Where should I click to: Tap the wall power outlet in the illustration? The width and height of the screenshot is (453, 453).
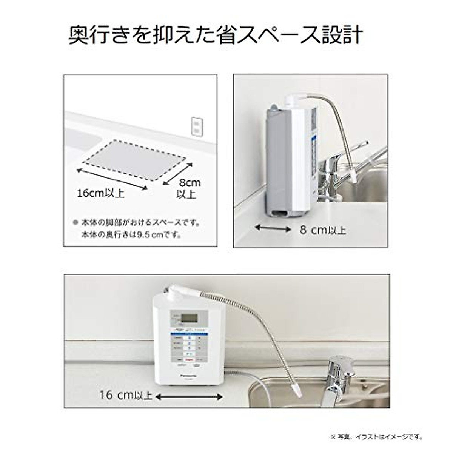(196, 126)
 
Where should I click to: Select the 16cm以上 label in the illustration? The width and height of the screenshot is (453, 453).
(100, 193)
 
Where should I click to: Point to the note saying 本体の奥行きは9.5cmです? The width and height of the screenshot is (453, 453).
(131, 234)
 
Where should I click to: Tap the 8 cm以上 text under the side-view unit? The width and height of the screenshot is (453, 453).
(323, 230)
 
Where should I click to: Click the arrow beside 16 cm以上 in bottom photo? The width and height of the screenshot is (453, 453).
(189, 397)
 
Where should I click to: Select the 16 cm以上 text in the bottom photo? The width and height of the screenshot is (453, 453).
(126, 395)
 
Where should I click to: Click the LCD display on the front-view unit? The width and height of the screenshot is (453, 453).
(189, 317)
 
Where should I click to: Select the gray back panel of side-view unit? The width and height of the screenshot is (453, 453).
(277, 162)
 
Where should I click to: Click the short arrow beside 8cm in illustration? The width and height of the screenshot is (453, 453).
(177, 174)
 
